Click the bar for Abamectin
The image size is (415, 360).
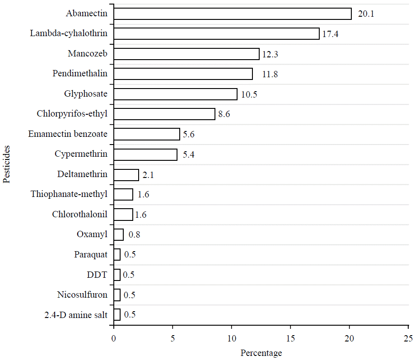232,14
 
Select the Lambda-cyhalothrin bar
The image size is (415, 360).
216,34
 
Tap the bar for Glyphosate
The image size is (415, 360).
175,94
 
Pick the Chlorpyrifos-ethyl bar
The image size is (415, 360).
164,114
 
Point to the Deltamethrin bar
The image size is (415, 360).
126,174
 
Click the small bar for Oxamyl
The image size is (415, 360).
118,234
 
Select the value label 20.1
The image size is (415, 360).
366,14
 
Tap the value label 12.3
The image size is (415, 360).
270,54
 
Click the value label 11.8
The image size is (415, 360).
270,74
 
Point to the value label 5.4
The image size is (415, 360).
189,155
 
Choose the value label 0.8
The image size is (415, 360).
135,235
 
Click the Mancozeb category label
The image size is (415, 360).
88,54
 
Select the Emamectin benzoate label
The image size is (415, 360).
68,134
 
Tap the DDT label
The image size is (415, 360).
98,275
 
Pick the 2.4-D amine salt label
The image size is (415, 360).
76,315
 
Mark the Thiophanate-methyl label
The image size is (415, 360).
69,194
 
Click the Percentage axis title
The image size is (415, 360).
261,353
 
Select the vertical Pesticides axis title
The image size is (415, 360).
6,164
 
